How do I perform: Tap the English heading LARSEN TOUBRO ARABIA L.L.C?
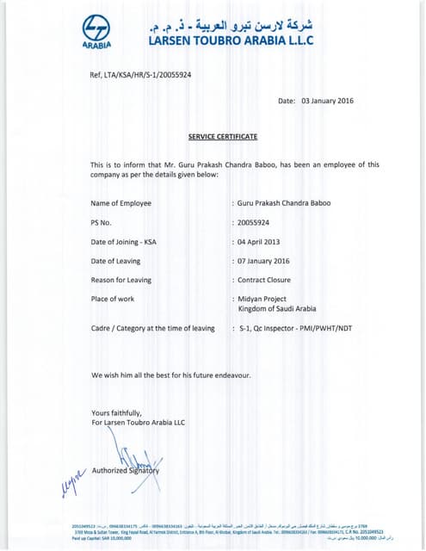[x=232, y=40]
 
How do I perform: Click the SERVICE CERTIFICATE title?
[x=223, y=136]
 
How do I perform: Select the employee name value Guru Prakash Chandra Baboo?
[x=284, y=203]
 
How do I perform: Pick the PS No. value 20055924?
[x=259, y=222]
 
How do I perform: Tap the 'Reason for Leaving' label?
[x=121, y=280]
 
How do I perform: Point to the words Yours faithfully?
[x=116, y=413]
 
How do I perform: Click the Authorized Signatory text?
[x=126, y=470]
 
